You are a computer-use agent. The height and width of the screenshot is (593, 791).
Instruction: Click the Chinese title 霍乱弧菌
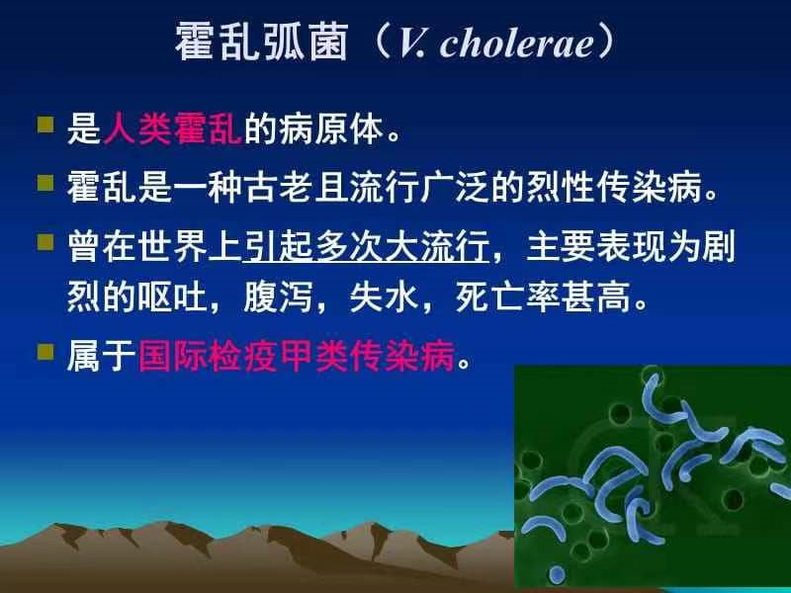pyautogui.click(x=261, y=43)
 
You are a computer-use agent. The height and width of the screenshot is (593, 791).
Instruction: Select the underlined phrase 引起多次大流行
pyautogui.click(x=366, y=244)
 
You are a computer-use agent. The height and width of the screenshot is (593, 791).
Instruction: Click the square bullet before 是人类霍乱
pyautogui.click(x=44, y=126)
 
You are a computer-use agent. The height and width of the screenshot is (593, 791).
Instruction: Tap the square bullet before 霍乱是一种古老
pyautogui.click(x=44, y=182)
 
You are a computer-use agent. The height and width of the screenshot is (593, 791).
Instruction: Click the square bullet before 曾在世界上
pyautogui.click(x=44, y=239)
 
